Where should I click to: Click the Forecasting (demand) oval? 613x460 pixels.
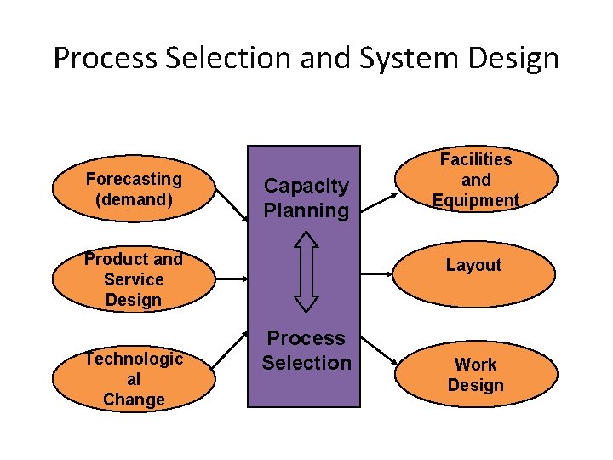[x=134, y=189]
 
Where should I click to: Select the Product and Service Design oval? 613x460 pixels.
[x=134, y=279]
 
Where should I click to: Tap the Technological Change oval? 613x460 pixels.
[x=134, y=379]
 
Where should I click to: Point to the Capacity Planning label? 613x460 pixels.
[x=306, y=198]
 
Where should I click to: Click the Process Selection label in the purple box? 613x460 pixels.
[x=306, y=350]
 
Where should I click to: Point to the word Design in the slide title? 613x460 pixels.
[x=518, y=58]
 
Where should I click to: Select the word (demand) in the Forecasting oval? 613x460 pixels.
[x=134, y=200]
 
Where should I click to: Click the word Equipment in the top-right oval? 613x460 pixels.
[x=475, y=201]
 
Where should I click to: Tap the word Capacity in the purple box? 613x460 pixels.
[x=306, y=186]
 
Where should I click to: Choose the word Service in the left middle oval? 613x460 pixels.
[x=134, y=279]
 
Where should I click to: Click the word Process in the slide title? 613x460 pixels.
[x=95, y=58]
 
